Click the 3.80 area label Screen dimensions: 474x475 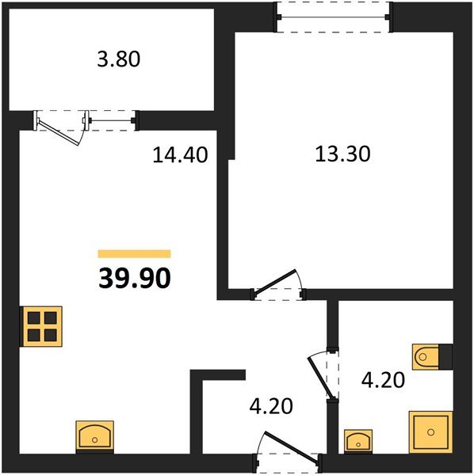pyautogui.click(x=119, y=59)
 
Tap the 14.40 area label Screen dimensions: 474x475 pyautogui.click(x=180, y=154)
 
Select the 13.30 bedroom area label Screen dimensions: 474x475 pyautogui.click(x=342, y=154)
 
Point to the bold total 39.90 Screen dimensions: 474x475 pyautogui.click(x=135, y=279)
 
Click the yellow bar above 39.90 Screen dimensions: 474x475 pyautogui.click(x=134, y=253)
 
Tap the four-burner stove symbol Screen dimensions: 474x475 pyautogui.click(x=41, y=326)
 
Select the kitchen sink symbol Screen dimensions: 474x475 pyautogui.click(x=94, y=437)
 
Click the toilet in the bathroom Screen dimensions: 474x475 pyautogui.click(x=426, y=356)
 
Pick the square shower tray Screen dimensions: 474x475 pyautogui.click(x=430, y=432)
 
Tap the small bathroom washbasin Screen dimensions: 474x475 pyautogui.click(x=358, y=442)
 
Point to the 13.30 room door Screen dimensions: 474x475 pyautogui.click(x=275, y=282)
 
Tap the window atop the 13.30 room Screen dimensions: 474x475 pyautogui.click(x=334, y=17)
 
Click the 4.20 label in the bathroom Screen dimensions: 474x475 pyautogui.click(x=383, y=380)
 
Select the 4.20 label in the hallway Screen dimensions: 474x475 pyautogui.click(x=271, y=406)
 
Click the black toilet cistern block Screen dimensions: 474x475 pyautogui.click(x=445, y=356)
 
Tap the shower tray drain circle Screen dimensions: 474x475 pyautogui.click(x=431, y=432)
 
